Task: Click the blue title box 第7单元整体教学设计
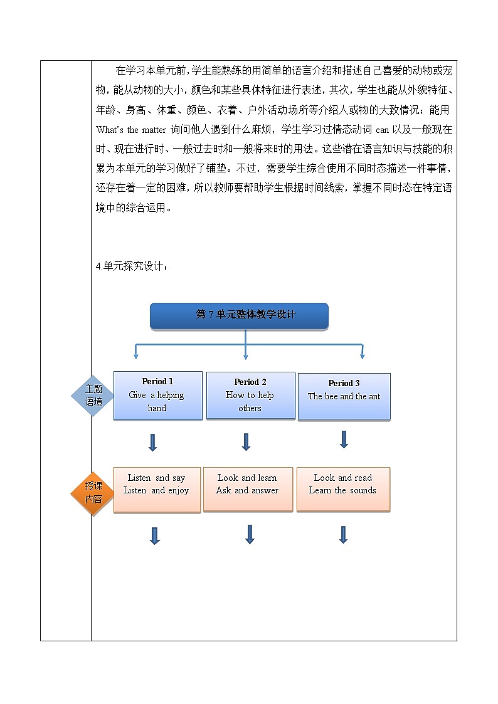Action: [x=239, y=315]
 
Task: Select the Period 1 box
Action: [x=157, y=395]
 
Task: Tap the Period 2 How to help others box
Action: [x=250, y=396]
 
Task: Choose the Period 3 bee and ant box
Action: [x=344, y=396]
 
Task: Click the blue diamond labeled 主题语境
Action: [x=93, y=396]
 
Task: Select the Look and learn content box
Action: [x=248, y=489]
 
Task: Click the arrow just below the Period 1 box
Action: [x=152, y=442]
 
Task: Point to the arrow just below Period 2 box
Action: [x=246, y=442]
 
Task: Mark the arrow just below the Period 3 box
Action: [x=344, y=439]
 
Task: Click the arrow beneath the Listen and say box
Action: [x=155, y=535]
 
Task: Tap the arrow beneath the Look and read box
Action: [x=343, y=535]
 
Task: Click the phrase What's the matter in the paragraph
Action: [x=131, y=130]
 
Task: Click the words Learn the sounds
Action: [x=342, y=490]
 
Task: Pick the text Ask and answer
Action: [x=247, y=490]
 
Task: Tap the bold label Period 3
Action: [x=344, y=383]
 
